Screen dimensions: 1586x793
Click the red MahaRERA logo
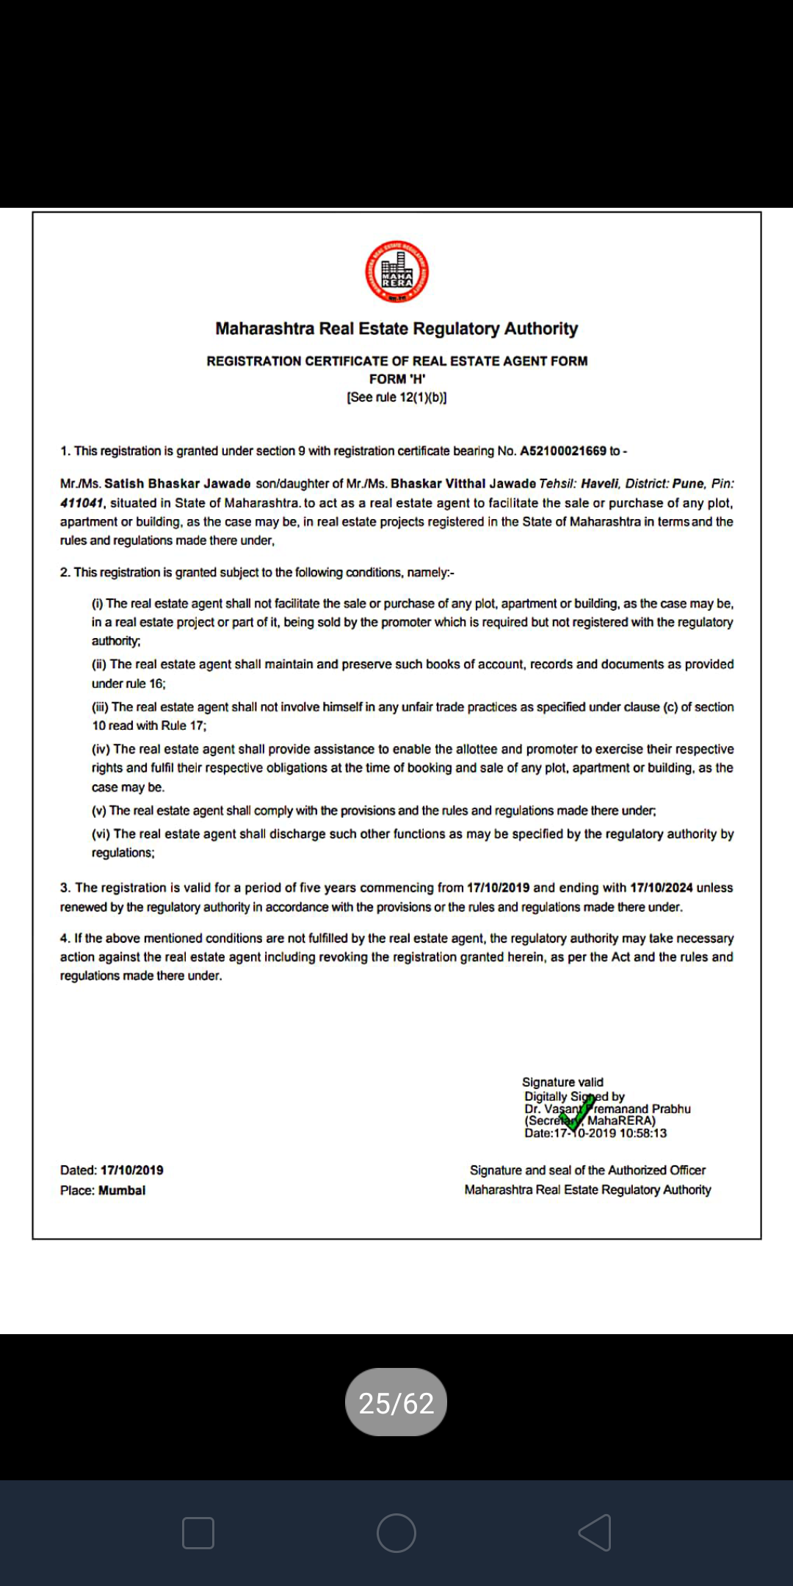tap(396, 272)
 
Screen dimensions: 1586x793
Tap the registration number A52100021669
tap(563, 451)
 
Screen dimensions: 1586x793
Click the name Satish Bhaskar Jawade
tap(177, 484)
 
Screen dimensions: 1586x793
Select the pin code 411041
tap(82, 503)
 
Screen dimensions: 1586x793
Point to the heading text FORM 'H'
tap(396, 379)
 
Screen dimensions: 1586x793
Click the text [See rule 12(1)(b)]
tap(396, 397)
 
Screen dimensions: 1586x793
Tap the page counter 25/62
tap(396, 1403)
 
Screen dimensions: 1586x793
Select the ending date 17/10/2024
tap(661, 888)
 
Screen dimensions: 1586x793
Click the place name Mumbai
tap(122, 1190)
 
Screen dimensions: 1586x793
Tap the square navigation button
tap(198, 1533)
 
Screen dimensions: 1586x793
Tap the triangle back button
tap(595, 1533)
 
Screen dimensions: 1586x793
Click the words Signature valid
tap(562, 1082)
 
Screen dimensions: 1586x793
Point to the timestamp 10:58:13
tap(643, 1133)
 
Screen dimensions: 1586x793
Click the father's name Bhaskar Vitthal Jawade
tap(463, 484)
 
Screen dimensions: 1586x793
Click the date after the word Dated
tap(132, 1170)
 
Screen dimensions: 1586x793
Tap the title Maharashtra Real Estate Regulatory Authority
tap(396, 328)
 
